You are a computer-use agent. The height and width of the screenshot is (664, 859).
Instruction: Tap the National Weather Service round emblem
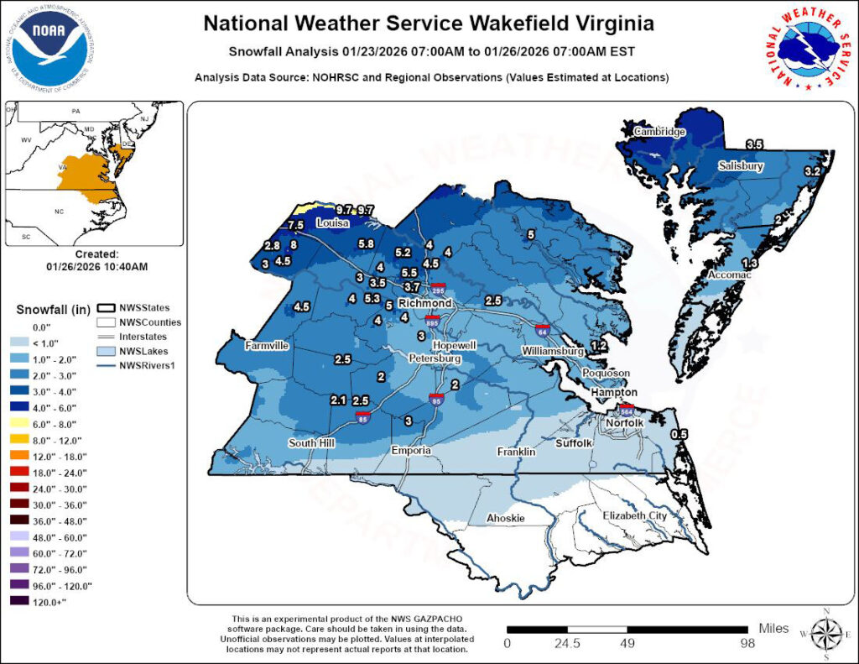point(804,49)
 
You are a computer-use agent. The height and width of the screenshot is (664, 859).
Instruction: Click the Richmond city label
point(424,303)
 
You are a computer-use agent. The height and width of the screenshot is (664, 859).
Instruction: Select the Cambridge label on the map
point(659,132)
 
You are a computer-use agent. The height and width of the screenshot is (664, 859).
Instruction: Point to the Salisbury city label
point(740,167)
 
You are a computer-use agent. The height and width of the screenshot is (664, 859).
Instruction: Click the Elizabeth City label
point(635,515)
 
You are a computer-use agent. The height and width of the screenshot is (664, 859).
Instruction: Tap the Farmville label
point(267,346)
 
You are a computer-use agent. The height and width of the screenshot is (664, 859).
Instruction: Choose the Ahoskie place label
point(506,519)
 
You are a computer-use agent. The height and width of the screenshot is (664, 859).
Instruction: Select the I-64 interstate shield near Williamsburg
point(544,330)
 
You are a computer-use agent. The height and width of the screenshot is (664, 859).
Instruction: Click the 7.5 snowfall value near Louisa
point(294,226)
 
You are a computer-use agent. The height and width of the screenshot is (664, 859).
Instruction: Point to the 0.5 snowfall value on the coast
point(679,434)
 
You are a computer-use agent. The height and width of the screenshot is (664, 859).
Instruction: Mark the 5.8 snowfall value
point(366,243)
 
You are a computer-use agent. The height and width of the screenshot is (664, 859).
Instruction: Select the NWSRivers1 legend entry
point(143,365)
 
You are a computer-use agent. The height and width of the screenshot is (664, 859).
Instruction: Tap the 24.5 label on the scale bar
point(567,644)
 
